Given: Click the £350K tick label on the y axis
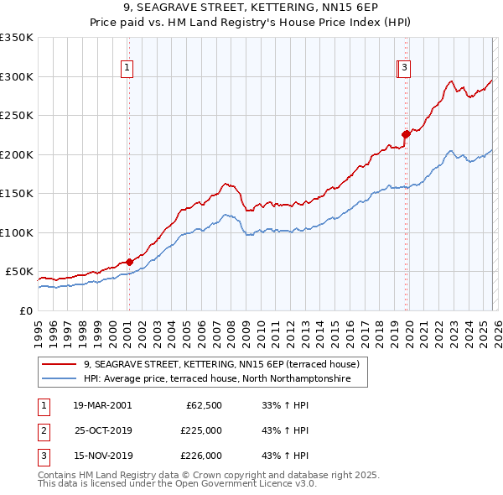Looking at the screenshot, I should pos(17,38).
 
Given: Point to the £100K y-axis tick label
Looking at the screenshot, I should pos(17,232).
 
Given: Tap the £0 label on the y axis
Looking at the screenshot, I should pos(26,310).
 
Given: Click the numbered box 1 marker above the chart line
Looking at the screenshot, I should pos(127,69).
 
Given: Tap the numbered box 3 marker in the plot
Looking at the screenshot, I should pos(404,69).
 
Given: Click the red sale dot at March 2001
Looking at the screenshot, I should pos(129,262).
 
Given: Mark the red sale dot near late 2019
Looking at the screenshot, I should pos(406,133).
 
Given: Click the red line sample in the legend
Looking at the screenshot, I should pos(60,364).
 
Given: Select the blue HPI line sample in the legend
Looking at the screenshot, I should pos(60,379).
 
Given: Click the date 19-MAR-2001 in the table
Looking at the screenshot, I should pos(101,405).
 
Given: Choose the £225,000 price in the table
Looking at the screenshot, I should pos(201,430).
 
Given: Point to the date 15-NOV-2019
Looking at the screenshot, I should pos(101,456).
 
